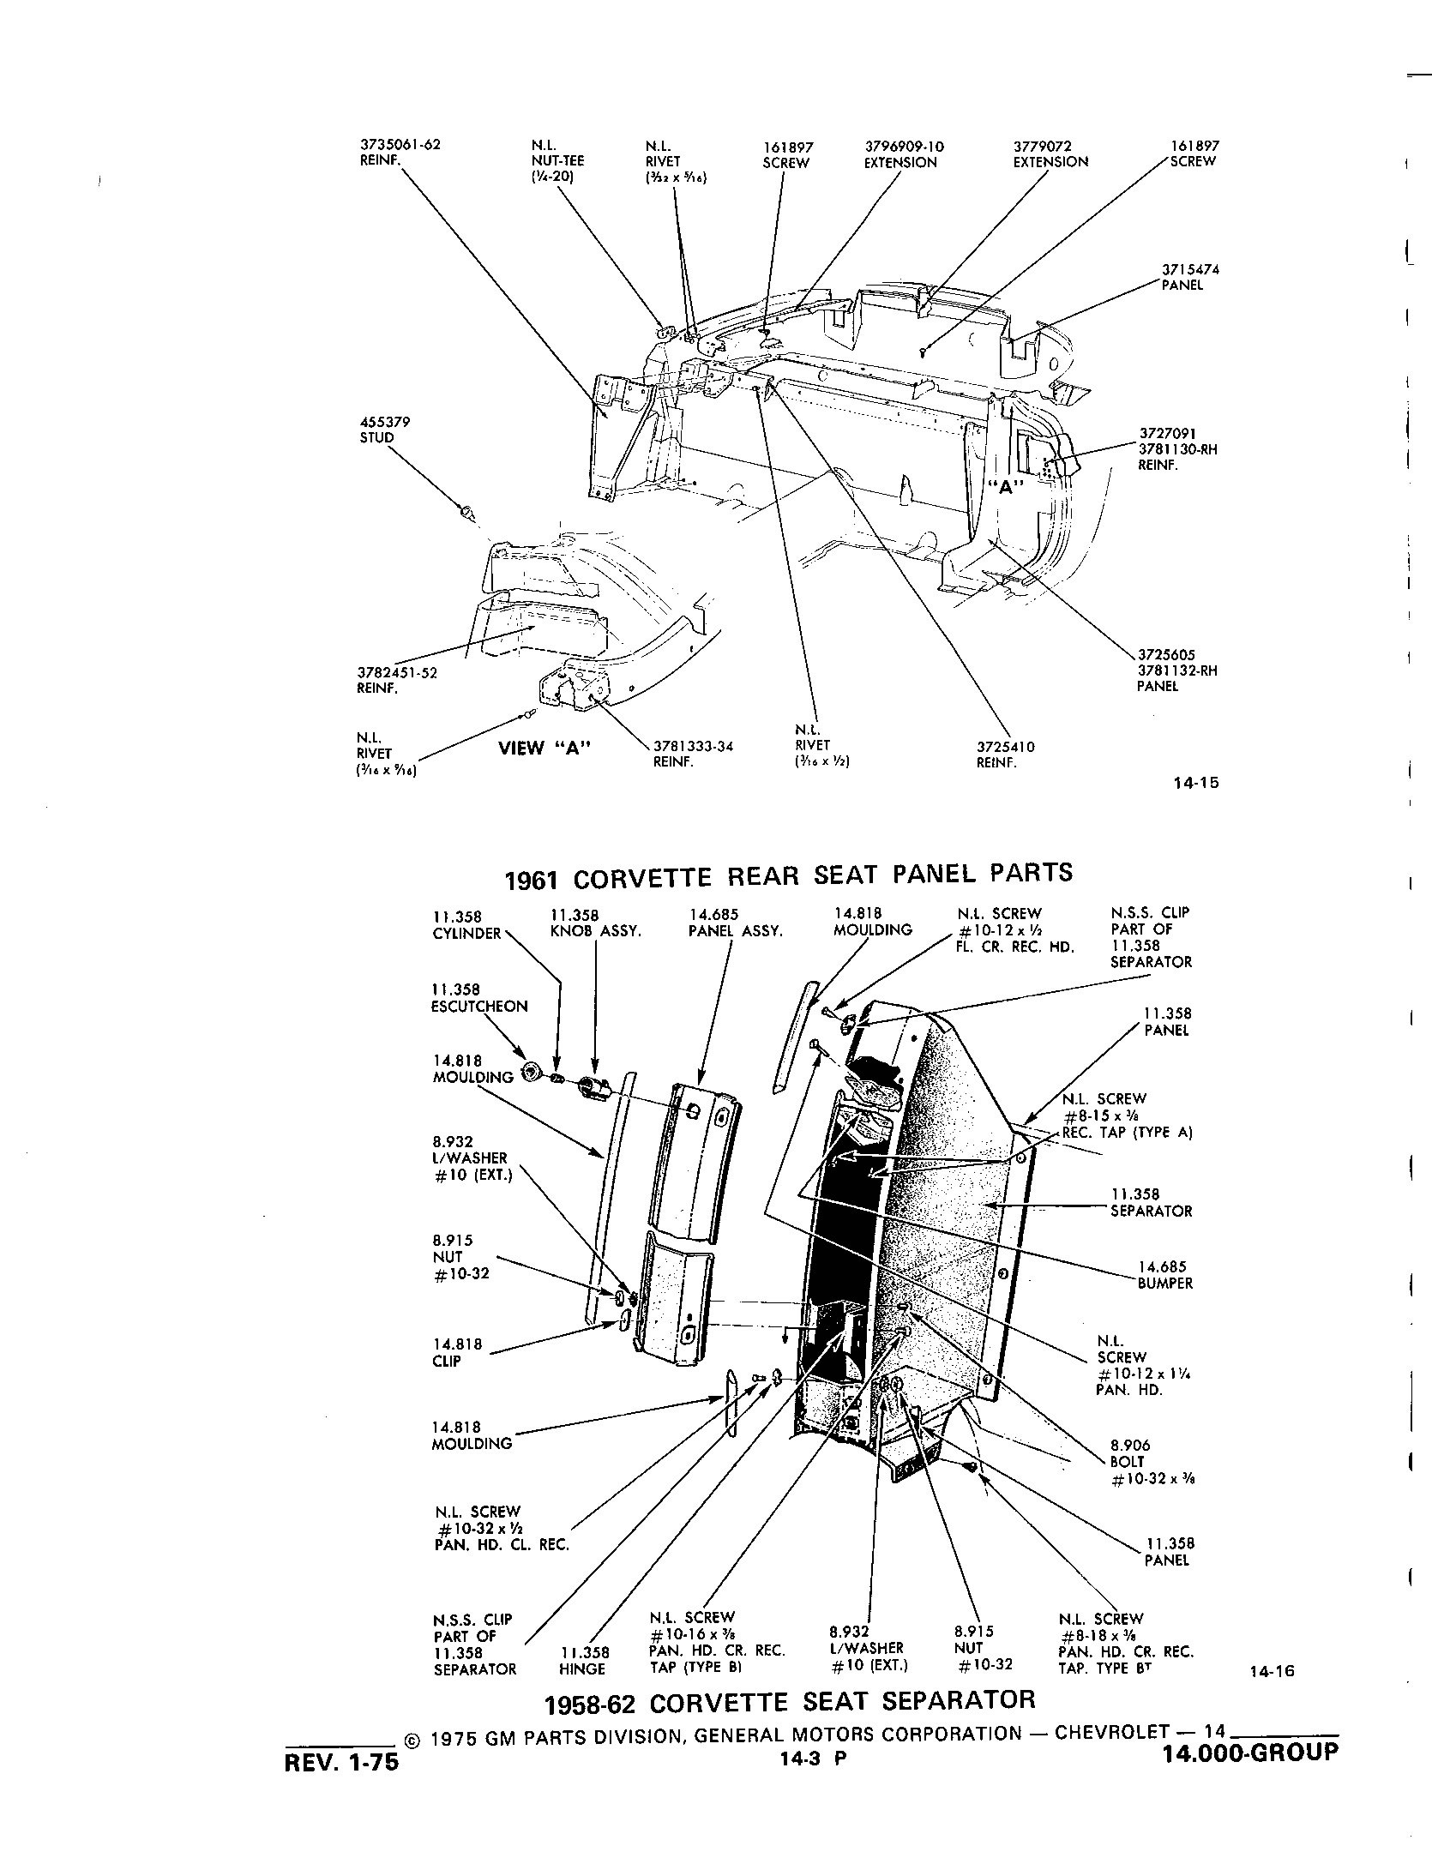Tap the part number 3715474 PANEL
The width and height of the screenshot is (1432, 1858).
click(1189, 277)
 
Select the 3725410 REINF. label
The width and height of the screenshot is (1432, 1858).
click(1005, 754)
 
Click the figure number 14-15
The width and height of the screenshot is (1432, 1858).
click(1196, 782)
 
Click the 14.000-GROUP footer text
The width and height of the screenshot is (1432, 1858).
click(1249, 1753)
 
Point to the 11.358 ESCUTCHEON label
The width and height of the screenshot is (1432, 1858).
click(478, 998)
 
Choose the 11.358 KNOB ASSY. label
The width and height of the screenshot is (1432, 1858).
click(595, 923)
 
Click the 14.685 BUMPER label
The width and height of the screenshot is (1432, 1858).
click(1164, 1275)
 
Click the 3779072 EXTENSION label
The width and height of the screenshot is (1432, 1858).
click(1050, 154)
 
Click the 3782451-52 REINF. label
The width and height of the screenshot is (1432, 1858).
click(397, 680)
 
